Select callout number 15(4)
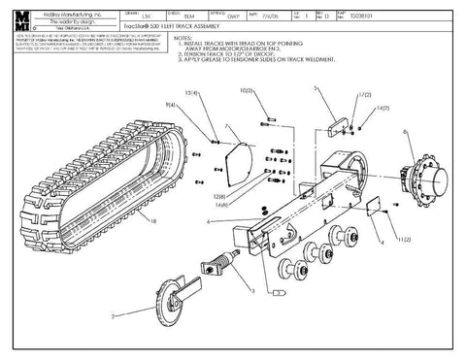tap(192, 92)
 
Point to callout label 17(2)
tap(364, 95)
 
